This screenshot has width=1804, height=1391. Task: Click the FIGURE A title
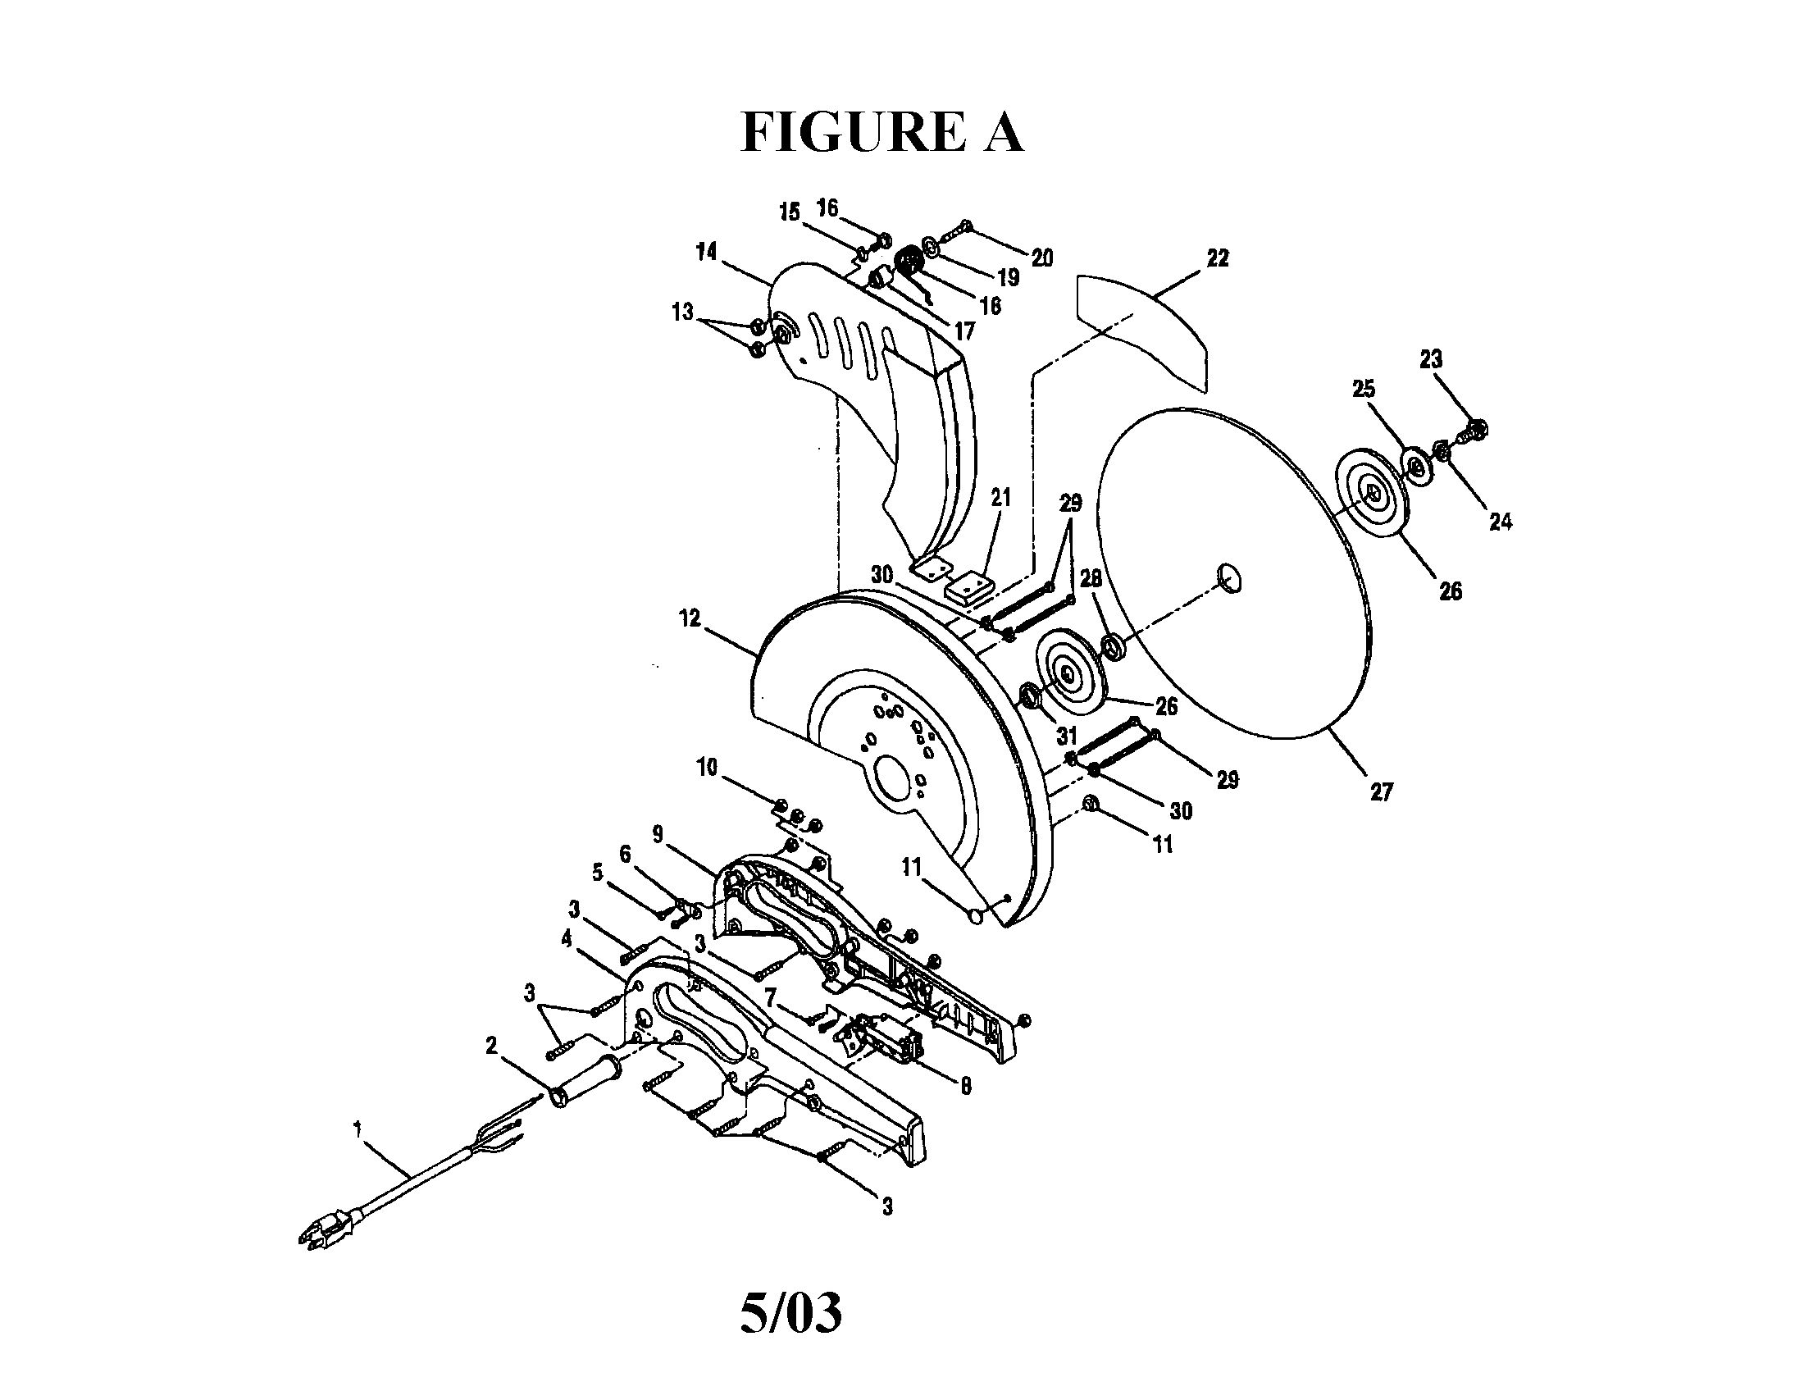click(x=881, y=132)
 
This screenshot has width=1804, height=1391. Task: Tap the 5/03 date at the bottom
click(x=790, y=1313)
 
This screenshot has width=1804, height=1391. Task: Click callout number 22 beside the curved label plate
click(x=1217, y=258)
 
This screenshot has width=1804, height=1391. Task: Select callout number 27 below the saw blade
click(x=1381, y=792)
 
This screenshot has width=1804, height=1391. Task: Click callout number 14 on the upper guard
click(x=706, y=251)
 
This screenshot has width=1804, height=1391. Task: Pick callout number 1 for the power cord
click(x=358, y=1129)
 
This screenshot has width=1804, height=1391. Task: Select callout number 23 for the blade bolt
click(x=1431, y=359)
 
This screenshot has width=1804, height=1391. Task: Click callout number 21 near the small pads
click(x=1000, y=497)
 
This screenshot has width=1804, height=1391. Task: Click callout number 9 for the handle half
click(x=658, y=834)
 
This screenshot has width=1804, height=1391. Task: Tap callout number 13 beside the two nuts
click(x=682, y=313)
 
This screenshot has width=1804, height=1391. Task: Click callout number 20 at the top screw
click(x=1042, y=258)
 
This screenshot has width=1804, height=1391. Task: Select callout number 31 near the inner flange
click(x=1067, y=734)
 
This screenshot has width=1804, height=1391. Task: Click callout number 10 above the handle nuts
click(x=707, y=768)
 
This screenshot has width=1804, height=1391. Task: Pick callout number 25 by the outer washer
click(x=1364, y=387)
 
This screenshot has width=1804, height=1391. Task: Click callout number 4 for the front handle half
click(x=566, y=939)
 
